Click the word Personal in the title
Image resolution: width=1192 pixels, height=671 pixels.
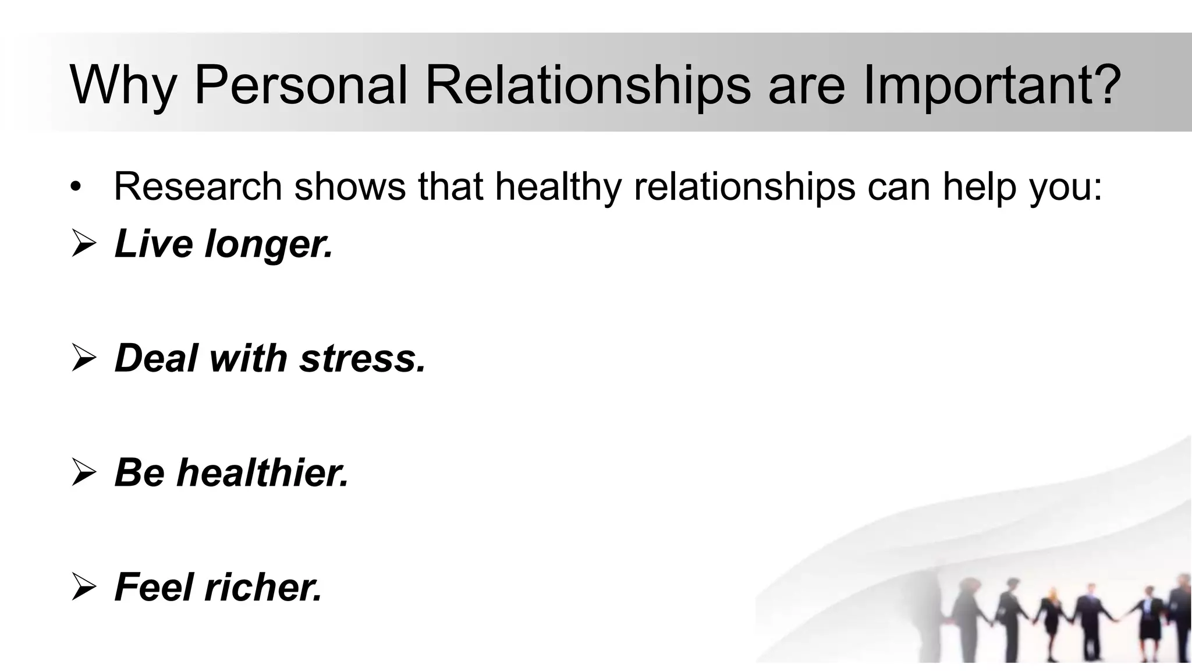pos(300,85)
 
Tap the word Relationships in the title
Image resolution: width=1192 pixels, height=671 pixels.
pos(588,85)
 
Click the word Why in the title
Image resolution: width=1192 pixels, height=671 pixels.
pos(123,86)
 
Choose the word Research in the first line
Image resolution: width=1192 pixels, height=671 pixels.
pos(198,186)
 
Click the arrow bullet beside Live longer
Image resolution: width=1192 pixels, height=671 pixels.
pos(83,244)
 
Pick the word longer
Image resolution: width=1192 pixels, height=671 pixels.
pos(269,244)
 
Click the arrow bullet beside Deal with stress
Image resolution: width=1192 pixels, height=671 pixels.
pos(83,358)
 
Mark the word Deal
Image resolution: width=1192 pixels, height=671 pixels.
pos(157,357)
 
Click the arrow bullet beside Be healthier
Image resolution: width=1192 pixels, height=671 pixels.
pos(83,472)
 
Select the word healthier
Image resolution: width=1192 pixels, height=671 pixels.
pos(262,472)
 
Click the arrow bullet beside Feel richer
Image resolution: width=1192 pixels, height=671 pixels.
pos(83,587)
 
